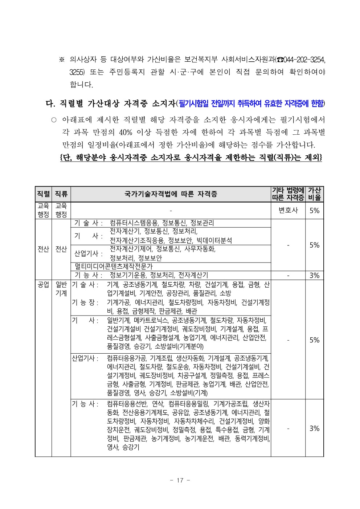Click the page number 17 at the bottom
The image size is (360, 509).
180,480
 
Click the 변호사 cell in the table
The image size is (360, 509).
288,210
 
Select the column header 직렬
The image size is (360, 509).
43,194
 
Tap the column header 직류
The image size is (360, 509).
61,194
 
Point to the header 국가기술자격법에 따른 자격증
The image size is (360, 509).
171,194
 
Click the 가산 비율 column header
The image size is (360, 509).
314,194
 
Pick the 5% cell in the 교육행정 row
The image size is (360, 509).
314,210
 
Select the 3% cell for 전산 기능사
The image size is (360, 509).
314,275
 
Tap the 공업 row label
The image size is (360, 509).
43,284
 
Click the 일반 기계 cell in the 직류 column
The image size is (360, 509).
61,288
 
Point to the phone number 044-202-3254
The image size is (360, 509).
302,59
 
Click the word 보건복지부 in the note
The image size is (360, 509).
199,59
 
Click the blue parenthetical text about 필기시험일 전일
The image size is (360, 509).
251,104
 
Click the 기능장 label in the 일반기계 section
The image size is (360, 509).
85,302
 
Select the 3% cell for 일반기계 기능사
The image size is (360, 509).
314,428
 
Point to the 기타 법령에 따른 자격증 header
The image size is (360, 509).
288,194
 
